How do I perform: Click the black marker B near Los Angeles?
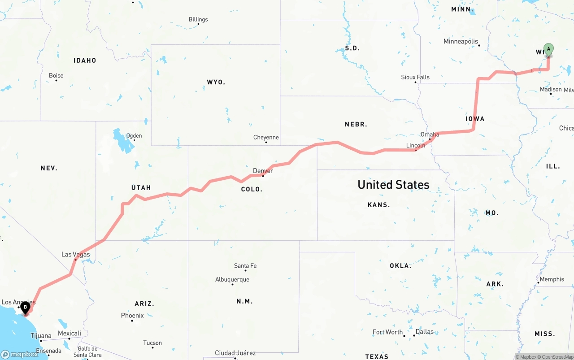(x=26, y=308)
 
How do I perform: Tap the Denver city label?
(x=263, y=171)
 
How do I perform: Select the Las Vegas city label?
(x=76, y=255)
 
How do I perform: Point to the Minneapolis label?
(x=461, y=41)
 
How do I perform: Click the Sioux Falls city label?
(x=415, y=77)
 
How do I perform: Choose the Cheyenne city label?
(x=266, y=137)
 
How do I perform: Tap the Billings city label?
(x=198, y=19)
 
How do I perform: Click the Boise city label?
(x=56, y=75)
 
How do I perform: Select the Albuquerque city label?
(x=232, y=279)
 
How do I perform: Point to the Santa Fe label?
(x=245, y=266)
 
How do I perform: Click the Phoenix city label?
(x=132, y=315)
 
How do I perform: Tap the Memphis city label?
(x=552, y=279)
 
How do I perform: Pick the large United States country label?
(x=393, y=184)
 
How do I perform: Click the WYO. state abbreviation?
(x=216, y=82)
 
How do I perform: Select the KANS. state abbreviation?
(x=378, y=204)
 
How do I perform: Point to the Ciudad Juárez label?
(x=235, y=353)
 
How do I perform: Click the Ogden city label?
(x=134, y=135)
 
